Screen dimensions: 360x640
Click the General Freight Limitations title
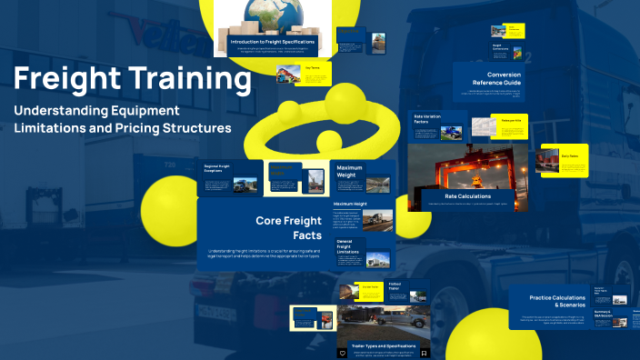tap(350, 246)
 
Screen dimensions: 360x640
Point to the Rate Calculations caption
tap(468, 195)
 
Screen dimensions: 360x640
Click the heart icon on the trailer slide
tap(343, 352)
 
